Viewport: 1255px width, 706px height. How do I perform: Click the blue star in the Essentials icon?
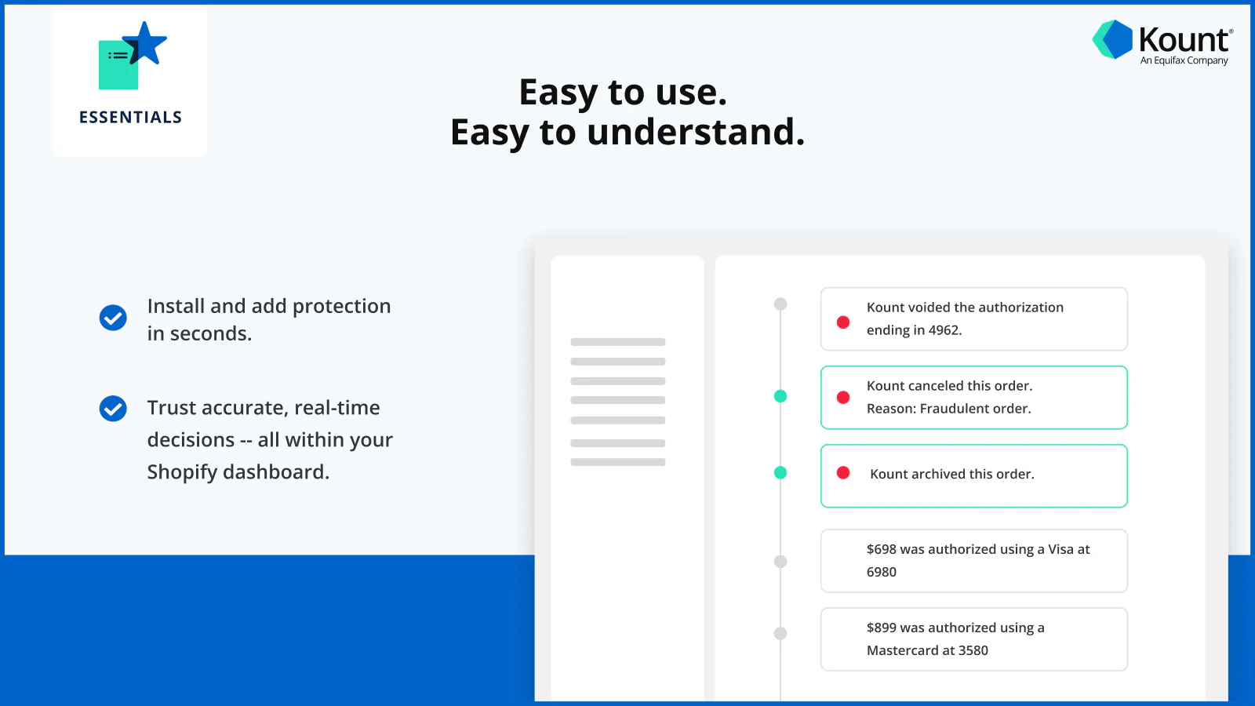pyautogui.click(x=147, y=44)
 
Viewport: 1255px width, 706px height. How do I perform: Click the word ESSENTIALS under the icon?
pyautogui.click(x=130, y=118)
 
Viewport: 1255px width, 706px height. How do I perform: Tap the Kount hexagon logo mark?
pyautogui.click(x=1113, y=39)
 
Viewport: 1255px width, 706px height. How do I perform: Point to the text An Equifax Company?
pyautogui.click(x=1184, y=60)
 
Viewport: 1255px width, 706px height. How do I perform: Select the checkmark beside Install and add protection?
pyautogui.click(x=113, y=318)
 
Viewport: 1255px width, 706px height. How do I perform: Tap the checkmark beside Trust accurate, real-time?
pyautogui.click(x=113, y=408)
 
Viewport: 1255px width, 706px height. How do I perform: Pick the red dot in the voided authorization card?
pyautogui.click(x=843, y=322)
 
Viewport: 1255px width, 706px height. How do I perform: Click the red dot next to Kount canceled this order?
pyautogui.click(x=843, y=398)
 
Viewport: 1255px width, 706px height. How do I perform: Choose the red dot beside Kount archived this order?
pyautogui.click(x=843, y=473)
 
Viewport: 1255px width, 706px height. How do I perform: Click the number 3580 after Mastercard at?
pyautogui.click(x=973, y=650)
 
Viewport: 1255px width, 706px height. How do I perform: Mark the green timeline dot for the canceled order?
pyautogui.click(x=780, y=396)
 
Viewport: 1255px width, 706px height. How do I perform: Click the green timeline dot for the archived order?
pyautogui.click(x=780, y=472)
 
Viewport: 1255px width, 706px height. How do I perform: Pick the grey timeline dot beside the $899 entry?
pyautogui.click(x=780, y=633)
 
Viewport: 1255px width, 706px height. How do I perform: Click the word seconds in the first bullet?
pyautogui.click(x=210, y=334)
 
